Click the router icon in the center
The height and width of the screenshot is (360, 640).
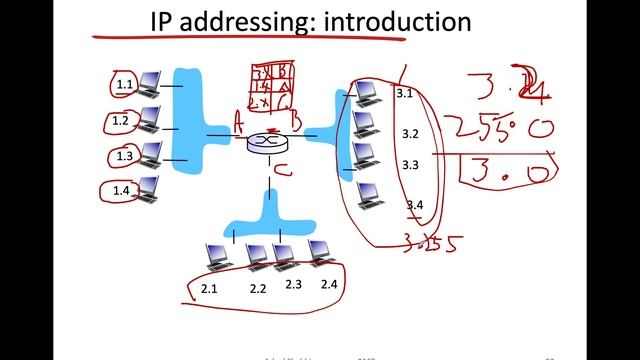pos(266,143)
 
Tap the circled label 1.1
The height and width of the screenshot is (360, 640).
pos(123,85)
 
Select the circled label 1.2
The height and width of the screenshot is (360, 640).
pos(121,121)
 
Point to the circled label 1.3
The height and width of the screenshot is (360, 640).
pos(123,156)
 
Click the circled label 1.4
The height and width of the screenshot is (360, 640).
pos(121,191)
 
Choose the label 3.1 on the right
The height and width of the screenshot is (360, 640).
pos(405,94)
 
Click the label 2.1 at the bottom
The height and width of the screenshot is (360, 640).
pos(209,289)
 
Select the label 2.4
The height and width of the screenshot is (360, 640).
pos(331,285)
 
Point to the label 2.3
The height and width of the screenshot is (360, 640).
pos(293,285)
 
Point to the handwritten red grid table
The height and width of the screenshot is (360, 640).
pos(272,89)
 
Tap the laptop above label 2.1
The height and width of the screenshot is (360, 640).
pos(214,257)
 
